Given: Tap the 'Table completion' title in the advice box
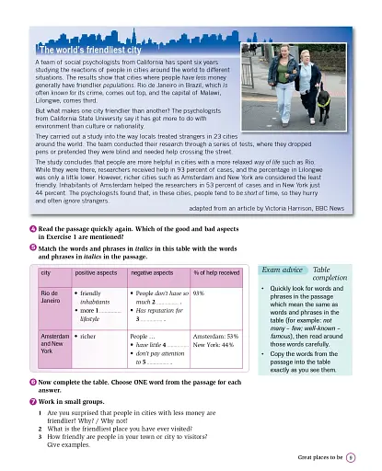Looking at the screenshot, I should click(x=330, y=274).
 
